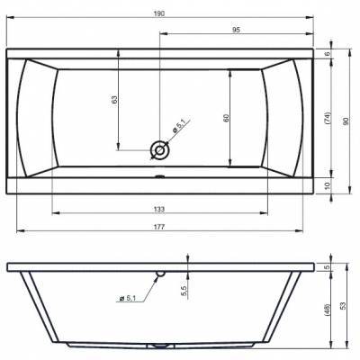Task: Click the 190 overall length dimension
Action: click(x=160, y=13)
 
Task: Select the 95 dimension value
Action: click(x=237, y=30)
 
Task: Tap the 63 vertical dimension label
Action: click(x=114, y=100)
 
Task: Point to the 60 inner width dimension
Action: click(x=226, y=118)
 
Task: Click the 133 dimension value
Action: click(x=159, y=209)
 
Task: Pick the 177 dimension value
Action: click(x=159, y=227)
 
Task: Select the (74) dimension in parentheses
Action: click(x=327, y=119)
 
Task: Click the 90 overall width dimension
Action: click(x=346, y=121)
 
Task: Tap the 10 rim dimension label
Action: click(x=328, y=185)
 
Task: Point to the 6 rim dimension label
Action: click(x=328, y=53)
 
